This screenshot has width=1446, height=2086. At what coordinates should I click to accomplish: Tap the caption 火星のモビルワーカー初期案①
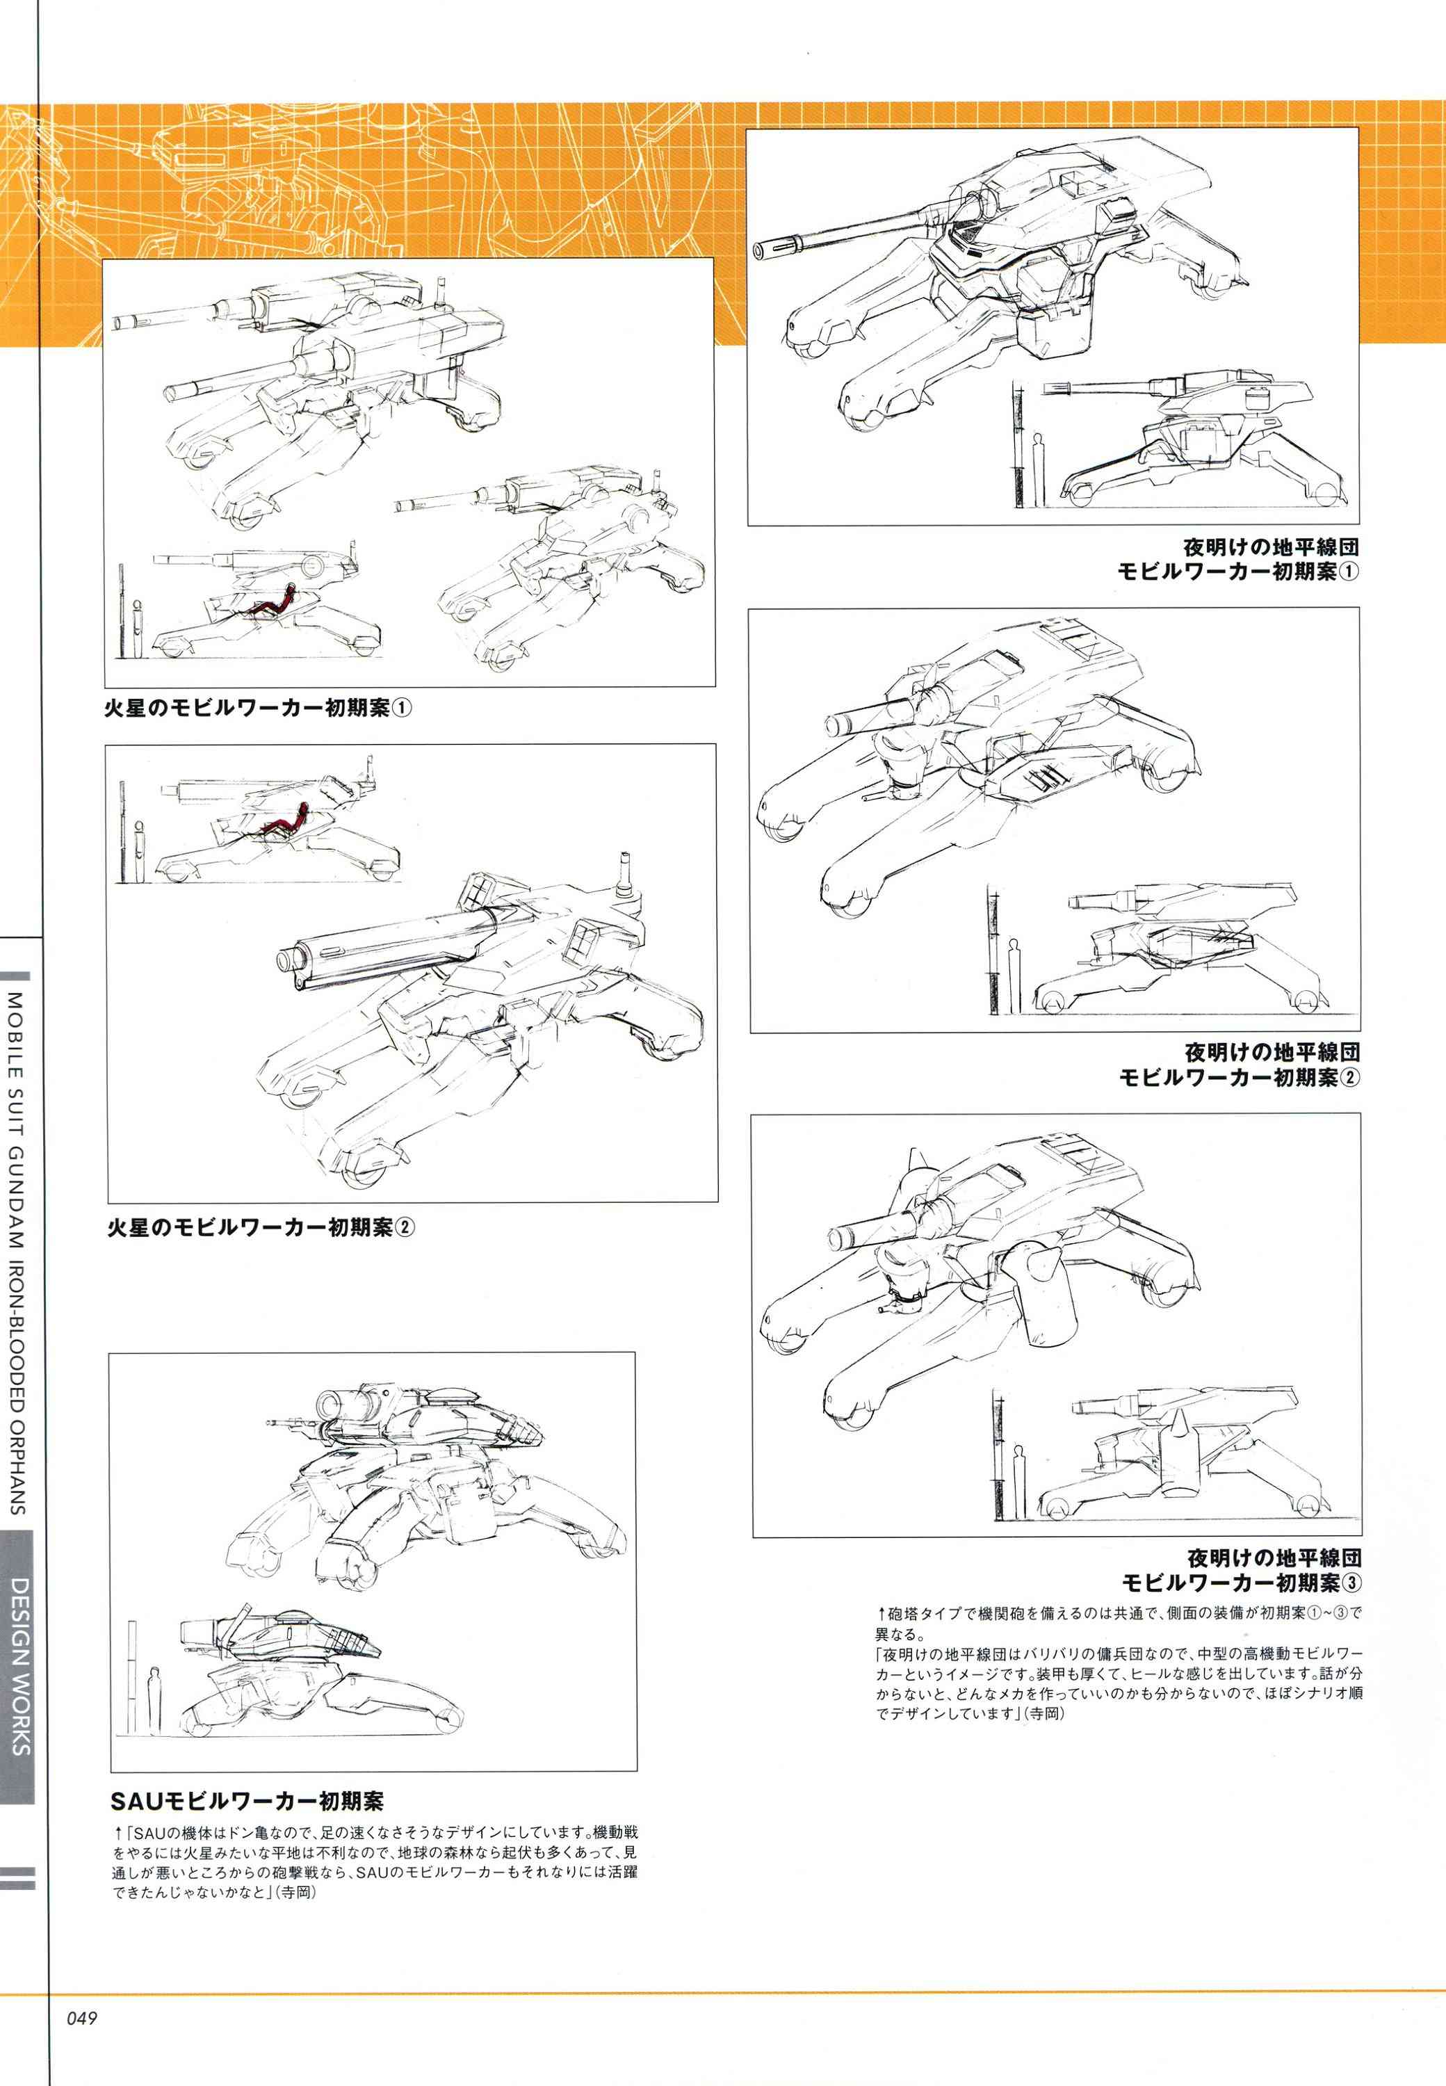[x=258, y=707]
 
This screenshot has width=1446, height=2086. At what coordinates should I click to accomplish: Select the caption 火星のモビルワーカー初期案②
[x=261, y=1227]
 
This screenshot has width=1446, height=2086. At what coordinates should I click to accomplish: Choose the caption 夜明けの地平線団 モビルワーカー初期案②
[x=1240, y=1065]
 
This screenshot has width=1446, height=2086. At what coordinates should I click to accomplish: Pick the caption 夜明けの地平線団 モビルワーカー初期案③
[x=1241, y=1570]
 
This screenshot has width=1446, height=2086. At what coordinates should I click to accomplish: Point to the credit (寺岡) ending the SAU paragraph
[x=296, y=1893]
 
